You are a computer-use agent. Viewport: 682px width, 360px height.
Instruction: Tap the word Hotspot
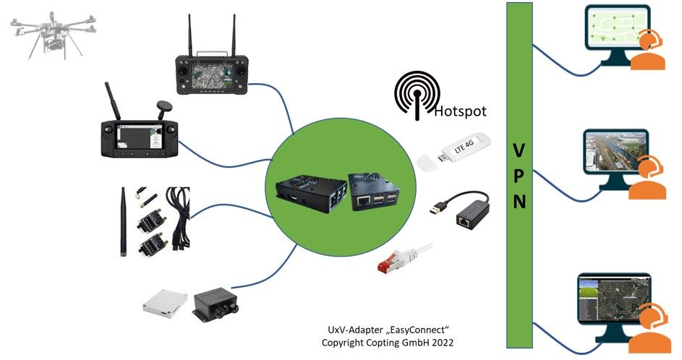tap(461, 112)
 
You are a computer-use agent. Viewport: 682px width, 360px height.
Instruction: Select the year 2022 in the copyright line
tap(443, 341)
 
